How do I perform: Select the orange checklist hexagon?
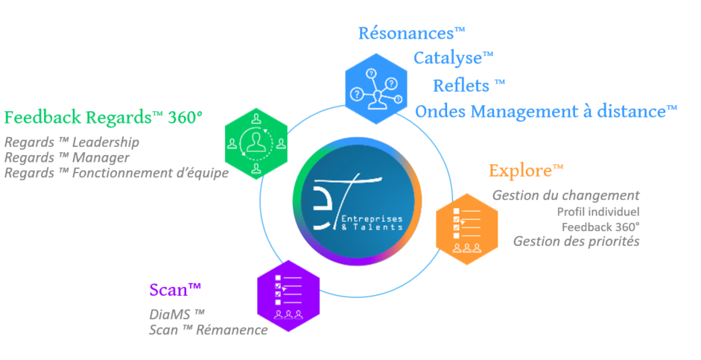(x=466, y=227)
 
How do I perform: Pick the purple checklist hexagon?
(x=288, y=295)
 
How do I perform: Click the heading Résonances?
(x=411, y=34)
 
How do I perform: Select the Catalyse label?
(x=454, y=58)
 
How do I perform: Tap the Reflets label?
(x=469, y=83)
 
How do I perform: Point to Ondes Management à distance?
(x=546, y=111)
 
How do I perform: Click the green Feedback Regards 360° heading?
(x=104, y=118)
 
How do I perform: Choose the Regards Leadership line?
(x=72, y=142)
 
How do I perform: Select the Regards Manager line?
(x=66, y=157)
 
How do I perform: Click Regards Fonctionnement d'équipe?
(x=116, y=173)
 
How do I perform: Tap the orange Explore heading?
(x=526, y=171)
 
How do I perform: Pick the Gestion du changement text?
(x=565, y=195)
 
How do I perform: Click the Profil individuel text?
(x=597, y=212)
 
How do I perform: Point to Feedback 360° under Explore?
(x=600, y=227)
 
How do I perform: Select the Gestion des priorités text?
(x=576, y=241)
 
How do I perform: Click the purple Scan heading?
(x=176, y=290)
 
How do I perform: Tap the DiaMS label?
(x=177, y=314)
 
